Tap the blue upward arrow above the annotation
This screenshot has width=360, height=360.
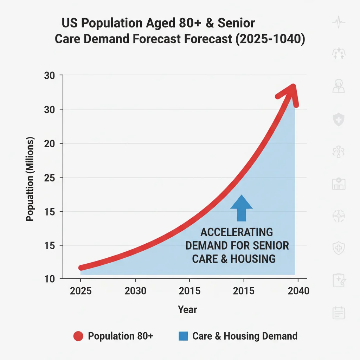click(242, 207)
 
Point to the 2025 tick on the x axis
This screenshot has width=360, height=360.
click(81, 291)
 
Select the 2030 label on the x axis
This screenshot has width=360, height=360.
click(135, 291)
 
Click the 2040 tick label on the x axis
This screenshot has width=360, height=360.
click(298, 291)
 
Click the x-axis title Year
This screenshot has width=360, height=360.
click(187, 310)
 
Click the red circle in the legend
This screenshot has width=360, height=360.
click(78, 336)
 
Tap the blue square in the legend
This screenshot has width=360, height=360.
click(183, 336)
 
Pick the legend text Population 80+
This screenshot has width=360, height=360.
click(120, 336)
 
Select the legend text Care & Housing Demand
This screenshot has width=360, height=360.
click(245, 336)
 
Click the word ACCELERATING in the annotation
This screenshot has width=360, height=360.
click(236, 232)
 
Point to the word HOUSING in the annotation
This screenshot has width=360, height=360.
click(253, 259)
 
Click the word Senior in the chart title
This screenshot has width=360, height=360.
click(236, 24)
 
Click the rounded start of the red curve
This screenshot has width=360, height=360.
click(82, 268)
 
